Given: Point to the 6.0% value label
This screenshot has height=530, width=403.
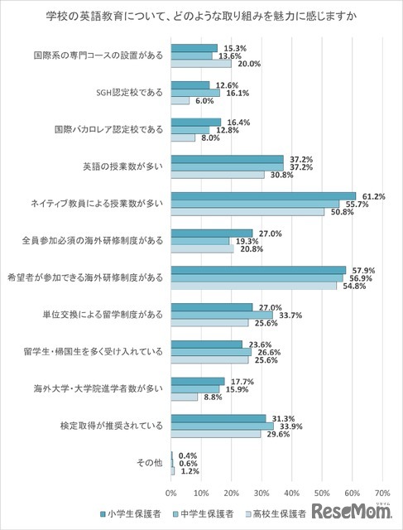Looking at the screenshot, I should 204,101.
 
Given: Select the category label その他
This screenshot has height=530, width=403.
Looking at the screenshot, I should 151,462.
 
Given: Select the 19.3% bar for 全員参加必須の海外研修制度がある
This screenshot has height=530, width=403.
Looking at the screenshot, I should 200,240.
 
